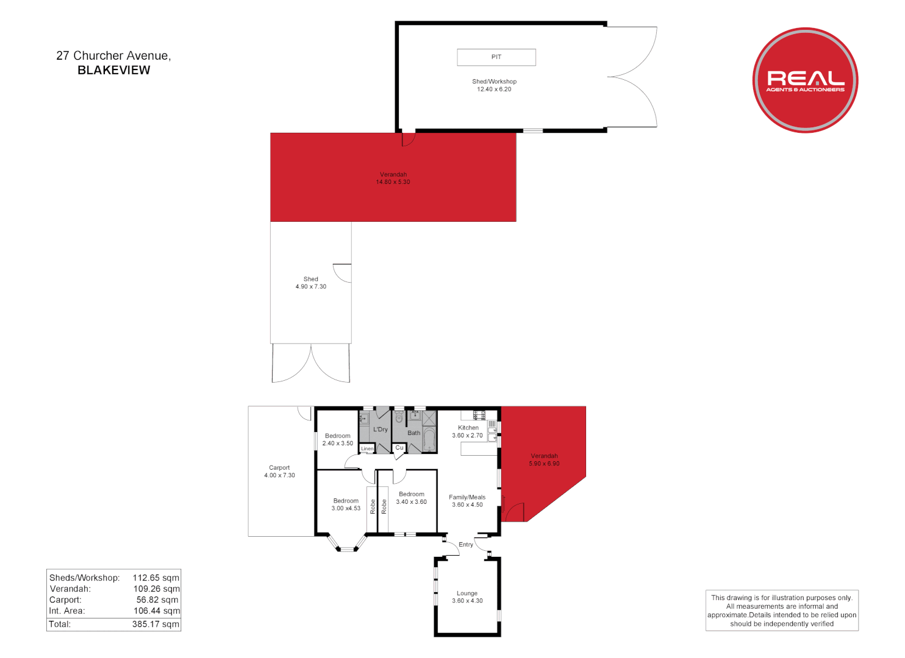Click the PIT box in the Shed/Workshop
[x=496, y=57]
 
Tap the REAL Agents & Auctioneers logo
[x=805, y=80]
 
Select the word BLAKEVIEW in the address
[x=114, y=70]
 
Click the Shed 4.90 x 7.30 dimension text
[x=311, y=287]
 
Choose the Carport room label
[x=279, y=468]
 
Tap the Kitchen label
[x=468, y=428]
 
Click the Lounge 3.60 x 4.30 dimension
[x=467, y=601]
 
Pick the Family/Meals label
[x=467, y=497]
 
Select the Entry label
[x=466, y=545]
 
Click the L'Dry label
[x=381, y=430]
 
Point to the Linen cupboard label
[x=367, y=449]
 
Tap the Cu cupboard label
[x=399, y=448]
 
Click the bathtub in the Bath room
[x=429, y=440]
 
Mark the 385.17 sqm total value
[x=156, y=624]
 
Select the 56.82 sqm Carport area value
[x=157, y=600]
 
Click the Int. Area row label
[x=67, y=611]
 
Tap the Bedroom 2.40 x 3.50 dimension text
[x=338, y=444]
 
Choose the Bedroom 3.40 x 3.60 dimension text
[x=412, y=502]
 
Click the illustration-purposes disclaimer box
[x=782, y=610]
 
